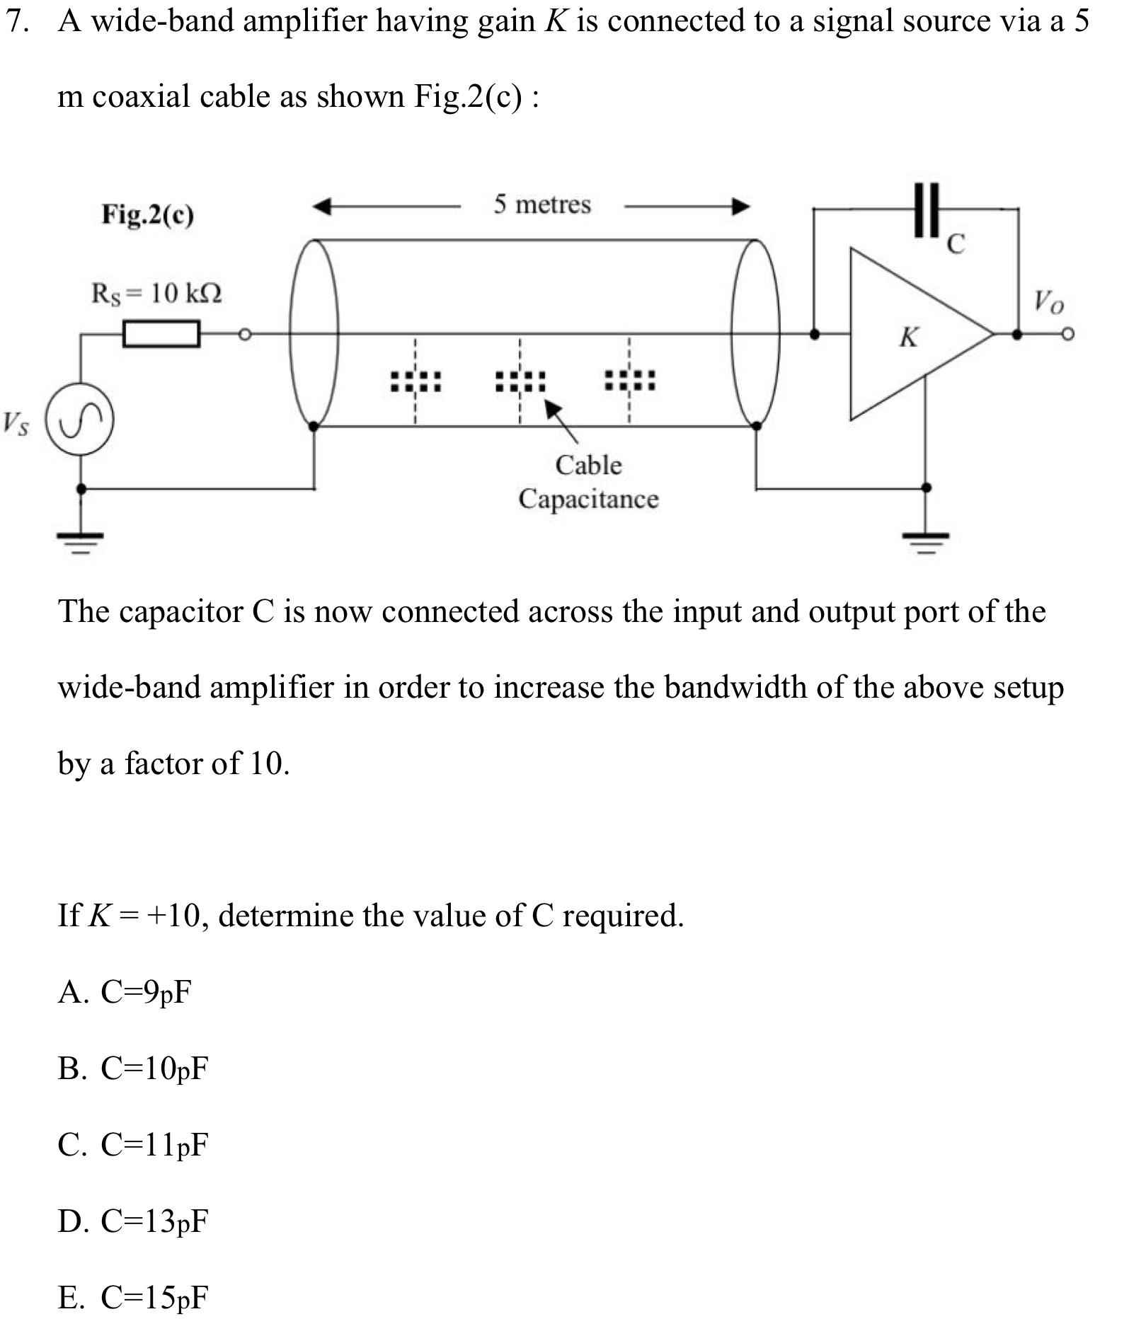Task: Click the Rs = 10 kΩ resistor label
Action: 156,292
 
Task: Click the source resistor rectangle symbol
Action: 161,334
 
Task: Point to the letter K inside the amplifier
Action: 909,337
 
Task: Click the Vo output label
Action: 1048,302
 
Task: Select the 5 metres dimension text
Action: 542,204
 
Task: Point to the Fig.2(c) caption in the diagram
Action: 147,214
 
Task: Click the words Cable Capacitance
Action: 588,482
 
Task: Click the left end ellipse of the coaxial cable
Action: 314,333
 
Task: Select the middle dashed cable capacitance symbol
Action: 520,382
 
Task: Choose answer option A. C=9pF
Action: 125,992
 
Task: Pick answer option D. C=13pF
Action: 133,1221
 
